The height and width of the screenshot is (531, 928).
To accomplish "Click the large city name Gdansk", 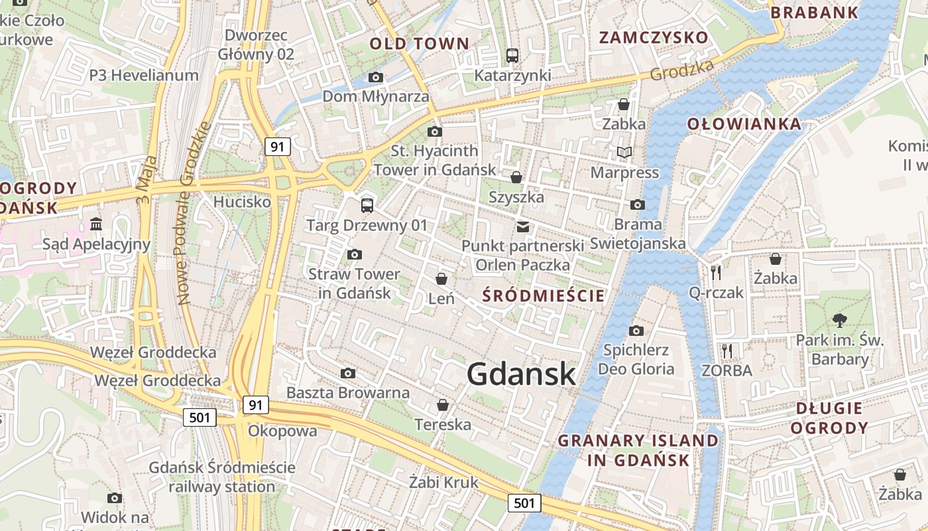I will [x=521, y=374].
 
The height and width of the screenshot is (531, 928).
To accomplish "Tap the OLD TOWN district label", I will [x=419, y=44].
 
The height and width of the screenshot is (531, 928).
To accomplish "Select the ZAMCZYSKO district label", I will [x=654, y=37].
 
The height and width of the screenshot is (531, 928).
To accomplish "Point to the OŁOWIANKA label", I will [x=744, y=123].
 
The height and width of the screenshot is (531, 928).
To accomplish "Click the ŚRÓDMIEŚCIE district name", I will [x=544, y=295].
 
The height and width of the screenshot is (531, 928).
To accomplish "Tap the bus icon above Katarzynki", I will [x=512, y=56].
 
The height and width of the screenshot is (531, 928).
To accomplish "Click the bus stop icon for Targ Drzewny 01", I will [x=367, y=205].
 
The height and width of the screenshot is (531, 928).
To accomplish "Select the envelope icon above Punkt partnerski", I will [x=523, y=227].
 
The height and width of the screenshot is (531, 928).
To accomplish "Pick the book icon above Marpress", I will [x=624, y=153].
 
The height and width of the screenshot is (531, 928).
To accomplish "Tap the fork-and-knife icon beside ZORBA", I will [x=727, y=350].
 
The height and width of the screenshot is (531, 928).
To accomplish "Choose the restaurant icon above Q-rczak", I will [x=716, y=272].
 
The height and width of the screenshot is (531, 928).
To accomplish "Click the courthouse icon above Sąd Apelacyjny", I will [x=96, y=224].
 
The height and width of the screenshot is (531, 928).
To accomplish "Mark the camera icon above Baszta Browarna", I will [x=347, y=374].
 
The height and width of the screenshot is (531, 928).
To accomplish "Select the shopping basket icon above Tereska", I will [x=443, y=405].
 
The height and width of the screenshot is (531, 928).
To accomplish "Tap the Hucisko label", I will [x=242, y=201].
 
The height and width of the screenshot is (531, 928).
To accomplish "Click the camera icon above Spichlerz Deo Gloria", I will [x=636, y=331].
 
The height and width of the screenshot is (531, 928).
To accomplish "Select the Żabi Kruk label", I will [x=443, y=482].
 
